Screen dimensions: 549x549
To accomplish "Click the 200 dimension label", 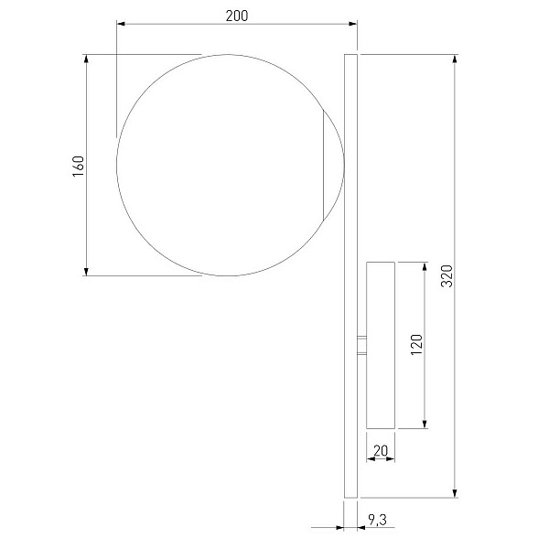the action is [237, 16].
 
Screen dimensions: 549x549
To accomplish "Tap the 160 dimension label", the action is [79, 166].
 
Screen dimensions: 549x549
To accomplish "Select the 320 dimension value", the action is [447, 276].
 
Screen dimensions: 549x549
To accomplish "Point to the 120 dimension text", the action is [416, 345].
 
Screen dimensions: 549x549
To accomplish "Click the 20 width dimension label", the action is [381, 450].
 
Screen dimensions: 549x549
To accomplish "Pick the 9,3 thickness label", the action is [377, 520].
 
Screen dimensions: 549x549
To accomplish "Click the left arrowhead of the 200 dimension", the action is [121, 24].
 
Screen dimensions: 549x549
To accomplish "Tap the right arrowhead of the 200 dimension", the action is [352, 24].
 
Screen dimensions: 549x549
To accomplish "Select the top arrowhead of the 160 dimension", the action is [87, 59].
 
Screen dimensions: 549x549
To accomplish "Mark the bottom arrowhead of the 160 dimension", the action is [87, 271].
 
